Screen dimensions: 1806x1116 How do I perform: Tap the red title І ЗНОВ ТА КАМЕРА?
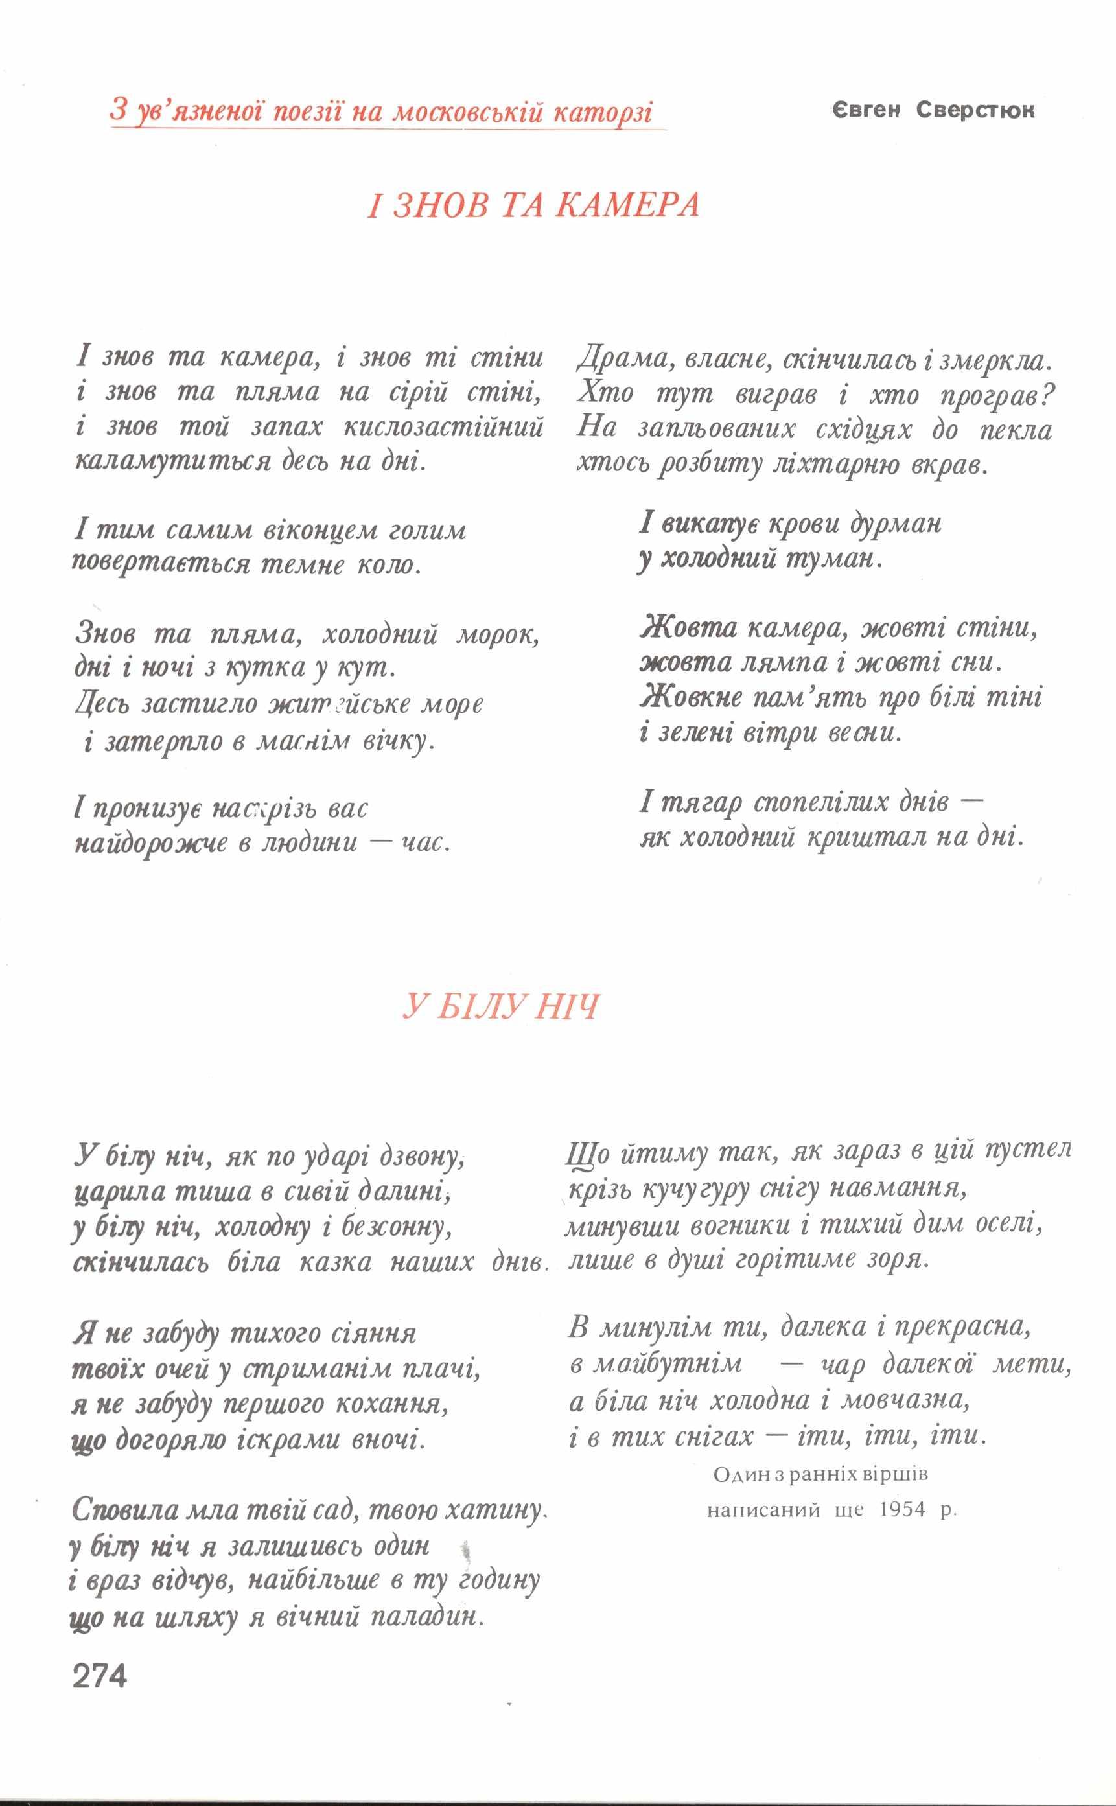(533, 205)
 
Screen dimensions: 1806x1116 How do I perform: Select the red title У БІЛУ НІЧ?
(501, 1007)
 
